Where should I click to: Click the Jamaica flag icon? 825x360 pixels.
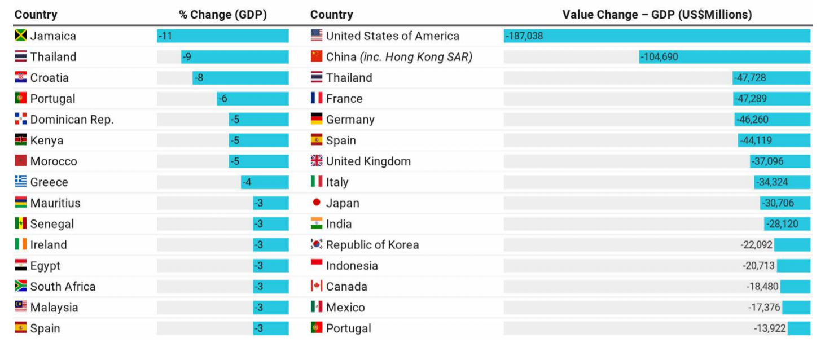point(21,36)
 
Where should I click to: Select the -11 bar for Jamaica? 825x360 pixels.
point(222,36)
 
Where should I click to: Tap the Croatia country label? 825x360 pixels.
point(50,78)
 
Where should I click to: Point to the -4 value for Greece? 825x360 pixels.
point(247,182)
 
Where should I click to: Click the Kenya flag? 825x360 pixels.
point(21,141)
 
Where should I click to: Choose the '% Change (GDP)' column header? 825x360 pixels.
point(223,15)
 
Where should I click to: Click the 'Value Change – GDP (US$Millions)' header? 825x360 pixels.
point(657,15)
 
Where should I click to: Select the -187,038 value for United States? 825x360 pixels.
point(525,36)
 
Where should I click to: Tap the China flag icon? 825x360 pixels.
point(317,57)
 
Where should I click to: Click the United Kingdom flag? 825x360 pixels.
point(317,161)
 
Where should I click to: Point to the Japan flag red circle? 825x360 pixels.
point(317,203)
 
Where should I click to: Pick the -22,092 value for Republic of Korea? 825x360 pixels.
point(756,245)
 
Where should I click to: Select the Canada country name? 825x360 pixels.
point(346,287)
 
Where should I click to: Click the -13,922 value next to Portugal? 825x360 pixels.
point(769,328)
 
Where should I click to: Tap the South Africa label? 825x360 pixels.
point(63,287)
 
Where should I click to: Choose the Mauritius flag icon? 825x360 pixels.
point(21,203)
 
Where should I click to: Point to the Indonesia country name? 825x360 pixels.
point(352,266)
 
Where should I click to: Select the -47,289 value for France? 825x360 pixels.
point(751,99)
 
